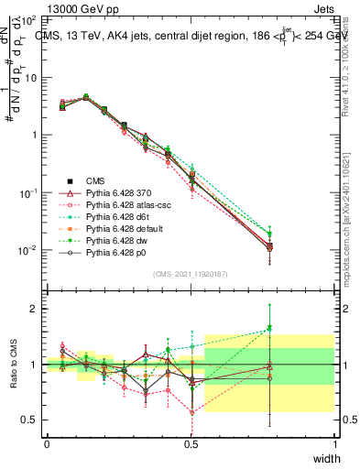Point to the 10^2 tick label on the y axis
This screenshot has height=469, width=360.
pos(28,19)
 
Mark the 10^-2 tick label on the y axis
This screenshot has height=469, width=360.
pos(28,250)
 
